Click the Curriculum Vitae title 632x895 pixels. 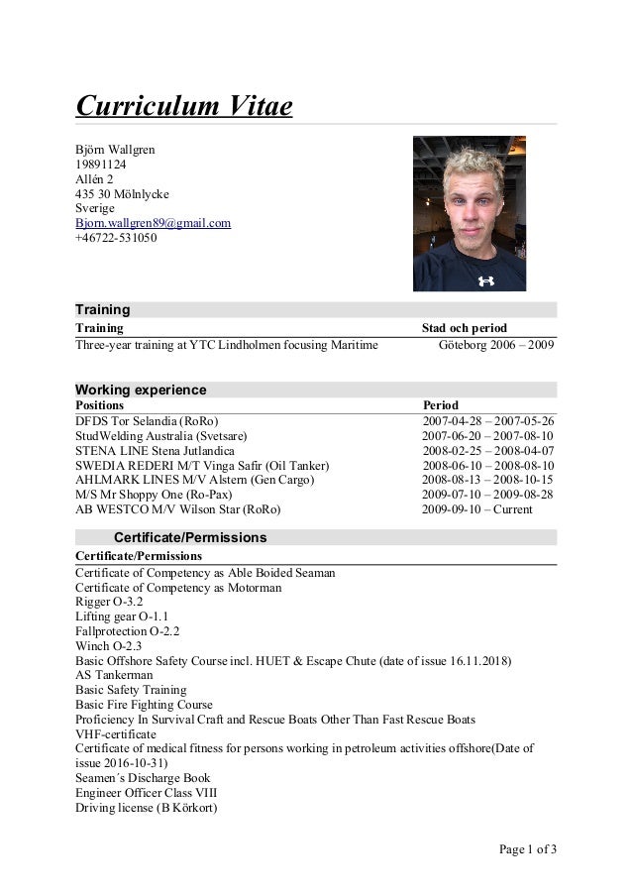(184, 105)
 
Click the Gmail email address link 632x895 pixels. (153, 223)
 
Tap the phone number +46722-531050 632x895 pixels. (116, 238)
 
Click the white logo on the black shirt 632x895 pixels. (484, 280)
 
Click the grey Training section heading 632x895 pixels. (103, 309)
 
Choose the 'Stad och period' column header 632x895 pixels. (465, 328)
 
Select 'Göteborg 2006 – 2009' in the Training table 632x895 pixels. (496, 345)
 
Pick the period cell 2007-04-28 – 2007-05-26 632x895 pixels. (488, 421)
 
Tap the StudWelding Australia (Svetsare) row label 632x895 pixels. (161, 436)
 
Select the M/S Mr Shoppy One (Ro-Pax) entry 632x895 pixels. (154, 495)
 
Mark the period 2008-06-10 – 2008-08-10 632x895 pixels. (488, 466)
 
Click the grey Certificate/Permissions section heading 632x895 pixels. (190, 537)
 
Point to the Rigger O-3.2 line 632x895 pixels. (109, 602)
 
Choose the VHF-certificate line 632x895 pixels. (116, 733)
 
